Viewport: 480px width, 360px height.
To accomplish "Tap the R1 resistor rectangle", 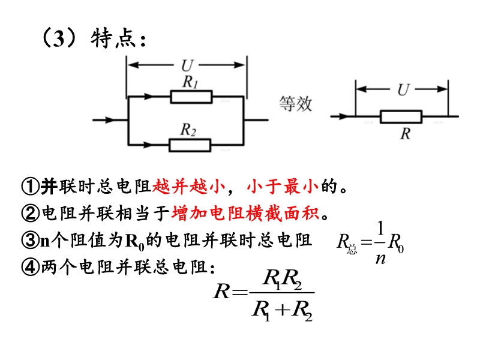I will click(x=190, y=97).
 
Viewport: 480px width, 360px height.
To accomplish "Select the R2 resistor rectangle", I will click(x=190, y=145).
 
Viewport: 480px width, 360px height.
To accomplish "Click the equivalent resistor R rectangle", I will click(x=401, y=116).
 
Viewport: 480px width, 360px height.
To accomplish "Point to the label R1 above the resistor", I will click(x=190, y=83).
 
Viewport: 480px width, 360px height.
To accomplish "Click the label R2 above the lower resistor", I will click(x=189, y=130).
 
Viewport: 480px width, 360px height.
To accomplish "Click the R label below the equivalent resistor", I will click(x=406, y=134).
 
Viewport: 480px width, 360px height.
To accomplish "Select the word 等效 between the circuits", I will click(x=296, y=103).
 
